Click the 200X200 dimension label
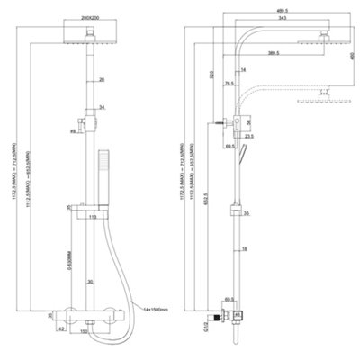point(93,17)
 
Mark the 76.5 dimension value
point(230,84)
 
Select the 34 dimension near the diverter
point(102,109)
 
